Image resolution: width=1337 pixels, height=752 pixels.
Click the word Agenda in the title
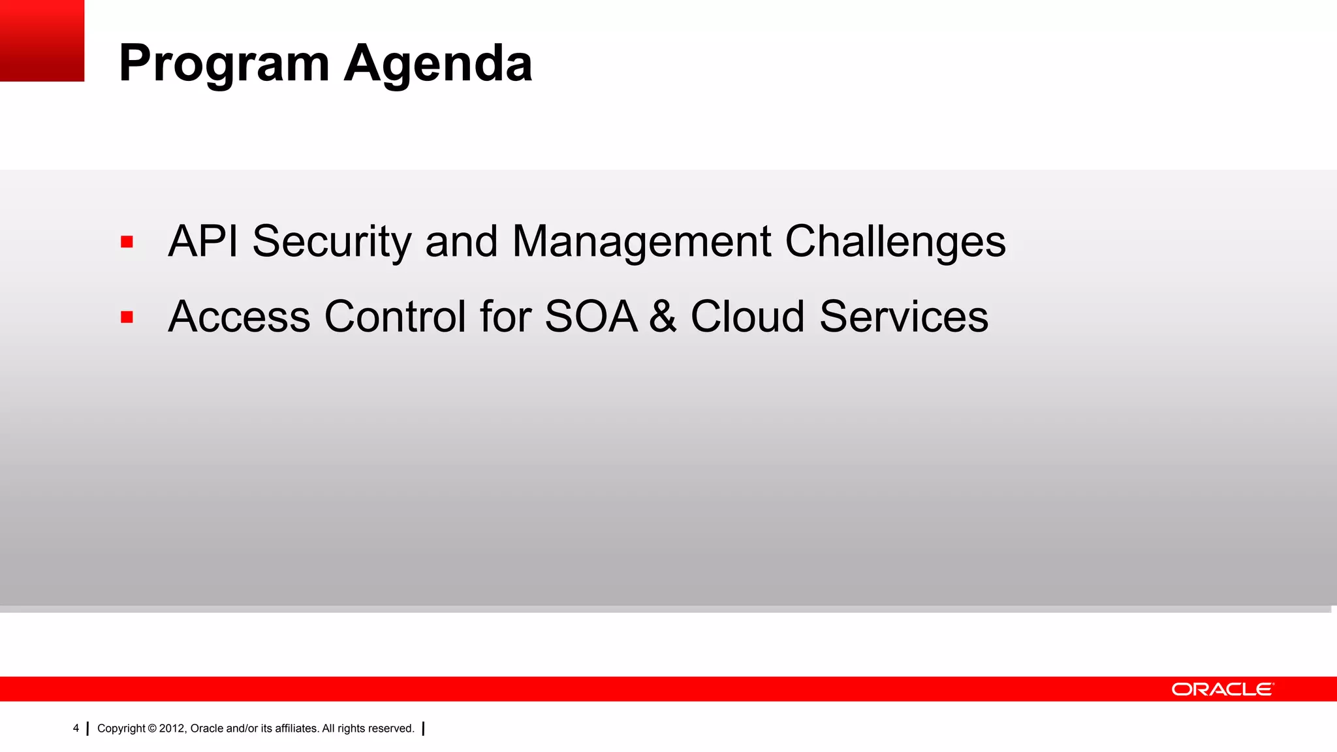coord(438,64)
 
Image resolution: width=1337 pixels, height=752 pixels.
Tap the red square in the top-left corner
coord(42,40)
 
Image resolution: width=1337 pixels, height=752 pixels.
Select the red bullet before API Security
coord(127,242)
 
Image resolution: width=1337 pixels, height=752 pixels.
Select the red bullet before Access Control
coord(127,317)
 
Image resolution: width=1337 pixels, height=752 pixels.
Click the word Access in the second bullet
coord(239,317)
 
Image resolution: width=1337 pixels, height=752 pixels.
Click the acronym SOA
coord(591,317)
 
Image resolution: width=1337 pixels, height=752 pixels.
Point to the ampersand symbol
coord(663,317)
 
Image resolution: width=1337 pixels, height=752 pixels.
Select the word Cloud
coord(747,317)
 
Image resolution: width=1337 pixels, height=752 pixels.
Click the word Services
coord(904,317)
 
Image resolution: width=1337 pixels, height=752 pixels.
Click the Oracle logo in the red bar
coord(1222,689)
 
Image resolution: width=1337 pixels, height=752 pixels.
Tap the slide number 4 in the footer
coord(76,728)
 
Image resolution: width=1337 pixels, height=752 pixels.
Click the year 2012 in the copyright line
coord(172,728)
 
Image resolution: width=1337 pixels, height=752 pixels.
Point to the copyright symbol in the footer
coord(152,728)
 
